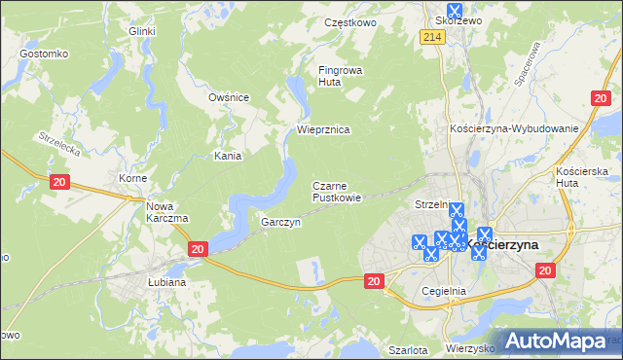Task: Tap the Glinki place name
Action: [x=142, y=31]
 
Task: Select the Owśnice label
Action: [x=230, y=97]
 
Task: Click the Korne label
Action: [x=132, y=179]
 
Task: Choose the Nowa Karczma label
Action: [x=166, y=212]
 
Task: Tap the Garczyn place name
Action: [x=280, y=223]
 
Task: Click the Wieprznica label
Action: [x=323, y=129]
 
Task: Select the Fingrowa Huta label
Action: [x=338, y=76]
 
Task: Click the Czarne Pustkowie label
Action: [x=337, y=192]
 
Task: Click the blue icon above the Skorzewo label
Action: [x=454, y=11]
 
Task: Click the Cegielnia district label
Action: [x=444, y=290]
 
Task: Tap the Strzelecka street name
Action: [x=57, y=145]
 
